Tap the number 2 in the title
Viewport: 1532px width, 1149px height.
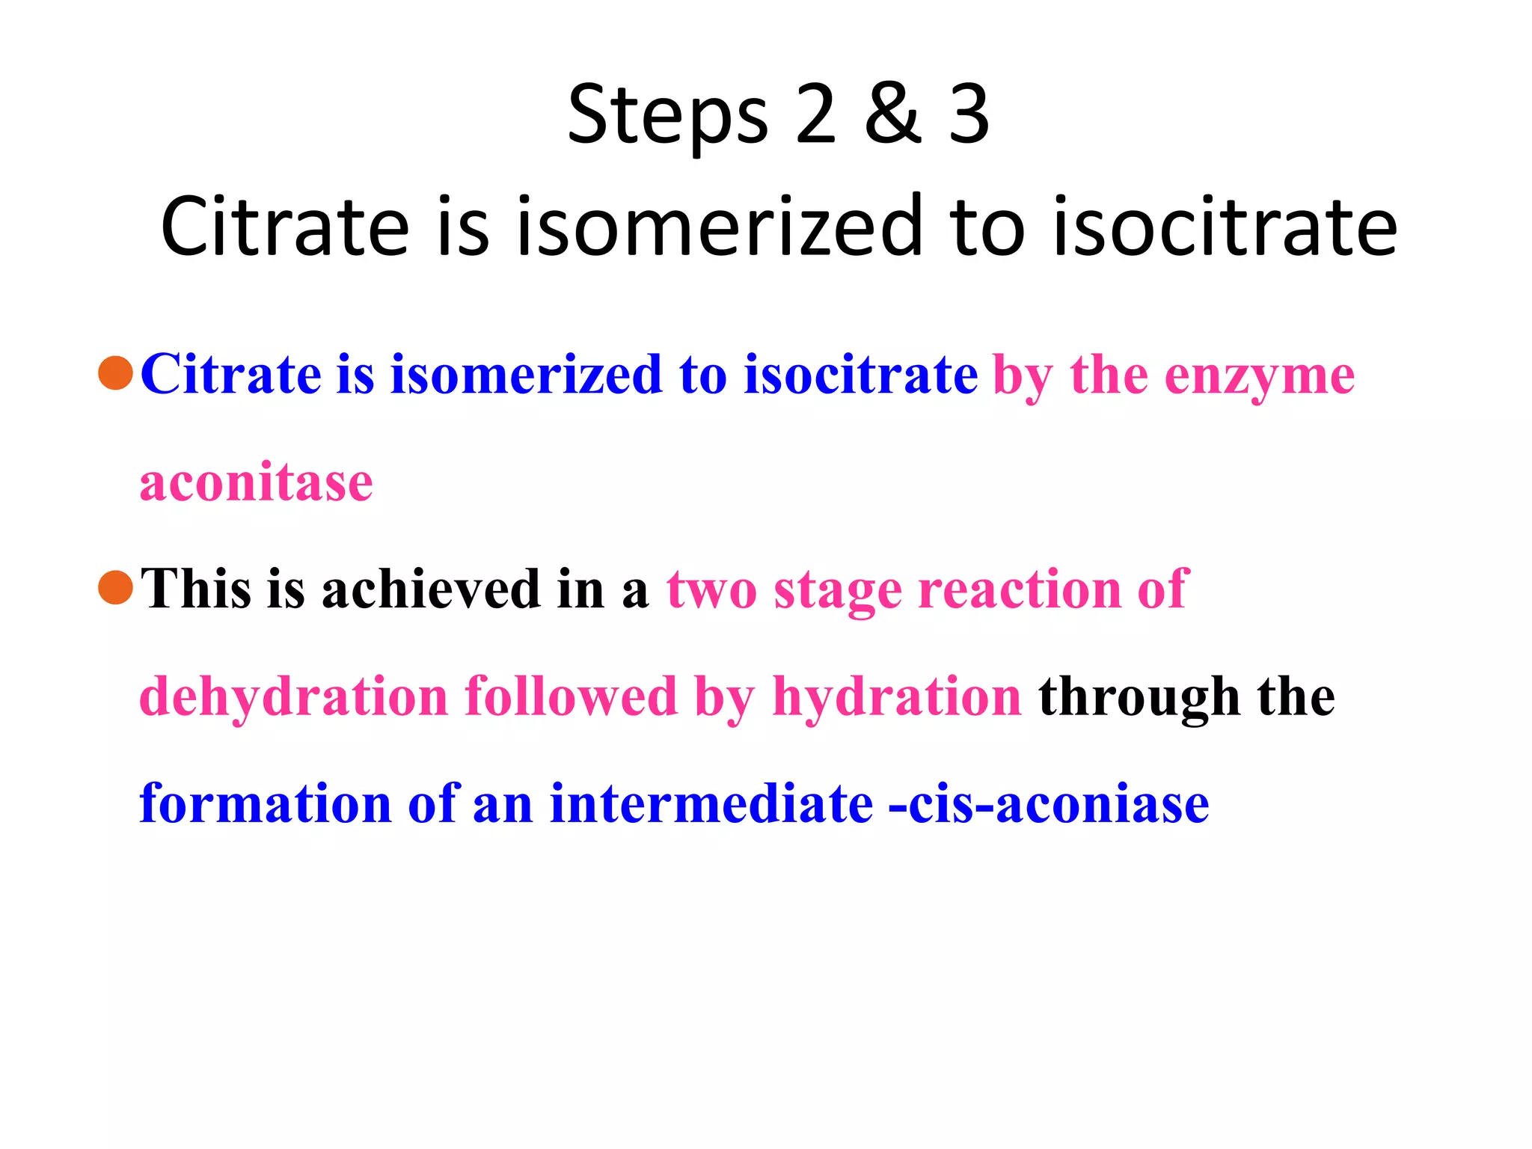click(x=815, y=114)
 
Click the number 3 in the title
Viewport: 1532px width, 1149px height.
click(x=969, y=114)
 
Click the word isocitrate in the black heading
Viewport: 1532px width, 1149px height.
click(x=1225, y=225)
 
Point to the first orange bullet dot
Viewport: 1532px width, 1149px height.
click(x=116, y=373)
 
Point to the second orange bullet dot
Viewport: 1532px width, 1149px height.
click(x=116, y=587)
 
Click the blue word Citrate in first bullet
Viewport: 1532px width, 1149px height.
click(x=230, y=374)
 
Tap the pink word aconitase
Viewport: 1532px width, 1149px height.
click(x=257, y=482)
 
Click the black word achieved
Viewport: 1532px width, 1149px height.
click(x=431, y=589)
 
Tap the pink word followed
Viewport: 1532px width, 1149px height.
click(x=570, y=696)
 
